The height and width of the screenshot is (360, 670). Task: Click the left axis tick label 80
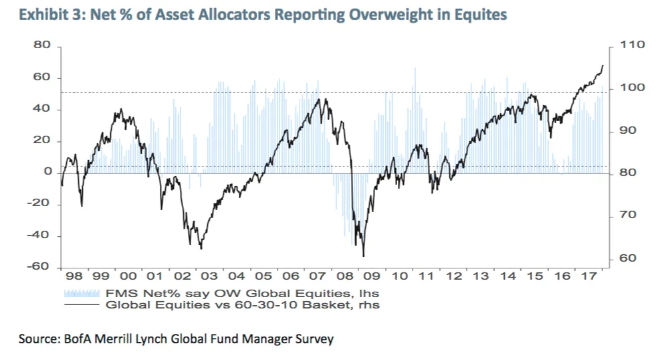(43, 46)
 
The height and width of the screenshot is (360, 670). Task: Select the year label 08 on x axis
(347, 276)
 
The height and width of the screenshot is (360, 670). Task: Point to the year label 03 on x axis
(211, 276)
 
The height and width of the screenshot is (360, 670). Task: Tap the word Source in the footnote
(37, 339)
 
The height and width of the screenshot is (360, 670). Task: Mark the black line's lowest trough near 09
(363, 256)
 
